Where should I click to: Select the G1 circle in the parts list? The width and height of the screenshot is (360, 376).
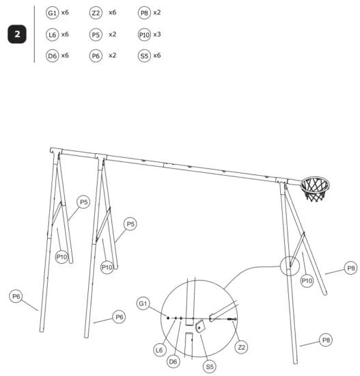[x=52, y=13]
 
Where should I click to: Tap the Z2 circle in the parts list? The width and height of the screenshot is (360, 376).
[x=96, y=13]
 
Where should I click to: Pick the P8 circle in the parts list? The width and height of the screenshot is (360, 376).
[x=143, y=13]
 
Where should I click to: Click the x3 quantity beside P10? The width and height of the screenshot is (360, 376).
[x=157, y=34]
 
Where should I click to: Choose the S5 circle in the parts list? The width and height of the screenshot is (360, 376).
[x=143, y=55]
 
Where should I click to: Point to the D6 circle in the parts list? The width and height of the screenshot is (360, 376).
[x=52, y=55]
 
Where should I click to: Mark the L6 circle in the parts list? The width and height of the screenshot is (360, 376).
[x=52, y=34]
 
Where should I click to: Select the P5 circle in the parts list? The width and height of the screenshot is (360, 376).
[x=96, y=34]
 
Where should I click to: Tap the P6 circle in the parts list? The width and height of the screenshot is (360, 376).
[x=96, y=55]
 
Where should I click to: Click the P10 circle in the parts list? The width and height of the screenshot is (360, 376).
[x=143, y=34]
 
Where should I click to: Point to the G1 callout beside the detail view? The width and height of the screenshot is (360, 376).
[x=143, y=302]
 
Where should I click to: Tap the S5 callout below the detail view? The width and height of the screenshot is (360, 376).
[x=210, y=367]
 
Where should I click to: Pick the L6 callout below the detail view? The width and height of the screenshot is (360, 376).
[x=158, y=349]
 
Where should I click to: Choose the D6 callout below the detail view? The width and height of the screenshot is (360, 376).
[x=174, y=361]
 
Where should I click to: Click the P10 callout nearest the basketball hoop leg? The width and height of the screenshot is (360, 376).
[x=307, y=280]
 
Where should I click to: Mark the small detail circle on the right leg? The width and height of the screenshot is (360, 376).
[x=293, y=266]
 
